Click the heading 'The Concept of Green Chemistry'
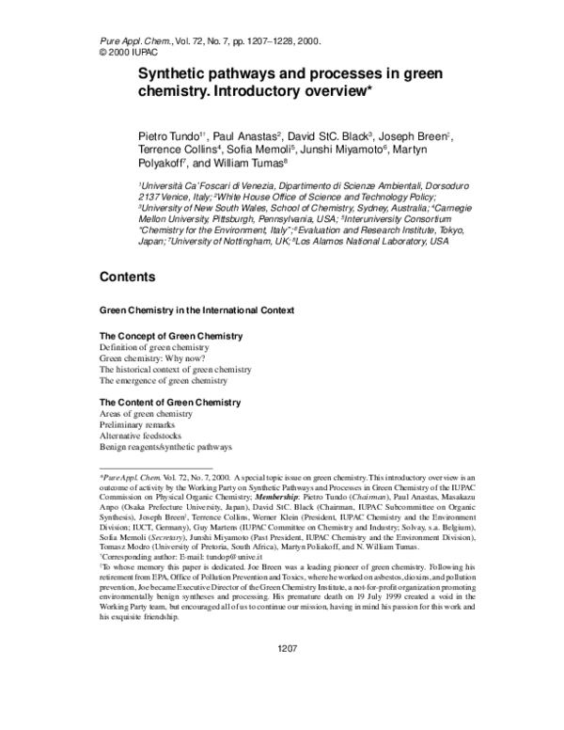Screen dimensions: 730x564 (171, 336)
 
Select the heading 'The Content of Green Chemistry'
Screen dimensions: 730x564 (171, 403)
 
